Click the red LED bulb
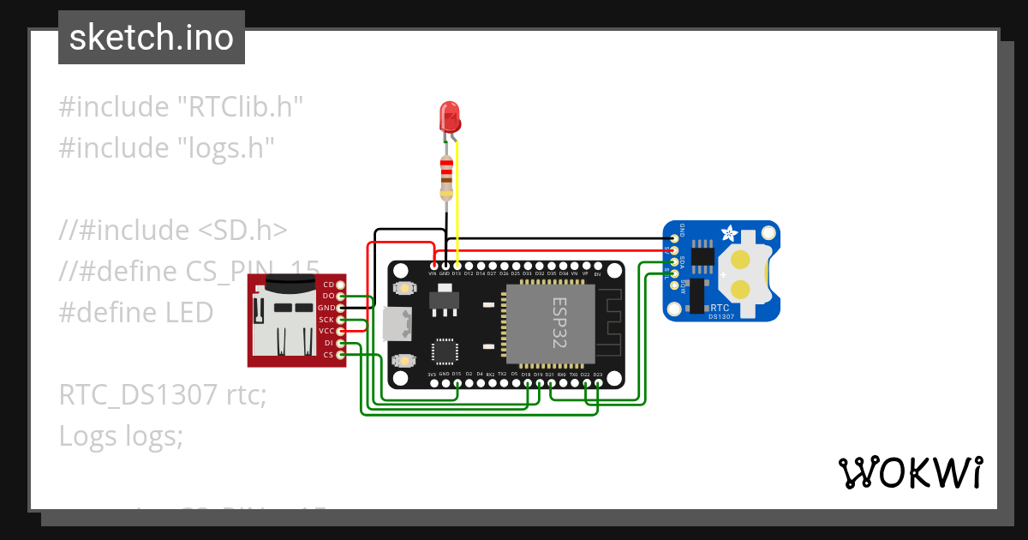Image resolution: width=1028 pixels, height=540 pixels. click(x=449, y=117)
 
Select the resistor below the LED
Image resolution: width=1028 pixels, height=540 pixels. click(x=445, y=177)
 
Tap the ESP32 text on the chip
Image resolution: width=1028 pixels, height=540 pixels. click(x=558, y=322)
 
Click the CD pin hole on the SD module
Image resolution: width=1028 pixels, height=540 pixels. click(x=341, y=284)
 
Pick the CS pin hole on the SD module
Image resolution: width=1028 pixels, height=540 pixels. click(x=341, y=354)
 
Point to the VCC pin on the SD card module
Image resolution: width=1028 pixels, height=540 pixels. click(x=341, y=331)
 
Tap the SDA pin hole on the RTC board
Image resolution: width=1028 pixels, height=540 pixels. click(x=675, y=261)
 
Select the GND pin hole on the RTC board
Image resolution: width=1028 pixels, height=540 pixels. click(x=675, y=237)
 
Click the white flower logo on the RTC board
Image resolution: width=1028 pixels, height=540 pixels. click(x=729, y=232)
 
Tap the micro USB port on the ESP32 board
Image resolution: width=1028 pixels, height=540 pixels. click(x=399, y=323)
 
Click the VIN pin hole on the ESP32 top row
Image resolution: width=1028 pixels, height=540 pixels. click(x=433, y=265)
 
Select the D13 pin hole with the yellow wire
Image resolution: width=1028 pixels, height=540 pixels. click(x=457, y=265)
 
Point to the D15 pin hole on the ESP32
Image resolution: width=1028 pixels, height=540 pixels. click(x=457, y=382)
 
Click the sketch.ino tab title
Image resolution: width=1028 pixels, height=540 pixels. click(x=152, y=38)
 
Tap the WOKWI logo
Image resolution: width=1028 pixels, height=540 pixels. click(x=910, y=472)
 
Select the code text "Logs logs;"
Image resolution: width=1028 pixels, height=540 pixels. click(x=121, y=436)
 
